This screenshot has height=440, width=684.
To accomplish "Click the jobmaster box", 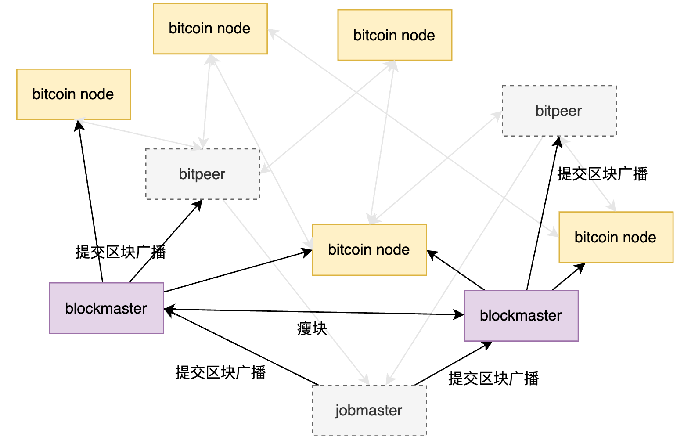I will pyautogui.click(x=369, y=410).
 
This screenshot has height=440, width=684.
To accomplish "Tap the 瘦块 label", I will pyautogui.click(x=312, y=328).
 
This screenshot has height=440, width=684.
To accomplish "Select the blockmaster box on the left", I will pyautogui.click(x=106, y=308).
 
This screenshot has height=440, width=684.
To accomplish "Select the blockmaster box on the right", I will pyautogui.click(x=521, y=315).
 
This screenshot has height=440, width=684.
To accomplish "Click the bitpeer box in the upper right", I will pyautogui.click(x=559, y=111).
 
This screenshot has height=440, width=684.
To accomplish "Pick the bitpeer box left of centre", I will pyautogui.click(x=202, y=174).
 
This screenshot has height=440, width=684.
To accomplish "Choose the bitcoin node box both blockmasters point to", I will pyautogui.click(x=369, y=250).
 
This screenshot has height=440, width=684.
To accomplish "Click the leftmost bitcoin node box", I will pyautogui.click(x=73, y=94).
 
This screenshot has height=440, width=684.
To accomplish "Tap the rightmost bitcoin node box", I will pyautogui.click(x=616, y=237).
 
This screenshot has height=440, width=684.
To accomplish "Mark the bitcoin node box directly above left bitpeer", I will pyautogui.click(x=210, y=29).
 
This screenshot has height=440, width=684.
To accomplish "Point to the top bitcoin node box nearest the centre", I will pyautogui.click(x=394, y=35).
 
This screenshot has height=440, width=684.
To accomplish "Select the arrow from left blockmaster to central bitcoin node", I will pyautogui.click(x=237, y=271).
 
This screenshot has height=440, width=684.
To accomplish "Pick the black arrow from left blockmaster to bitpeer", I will pyautogui.click(x=166, y=241).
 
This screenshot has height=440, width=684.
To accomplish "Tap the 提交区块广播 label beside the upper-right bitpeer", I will pyautogui.click(x=602, y=174).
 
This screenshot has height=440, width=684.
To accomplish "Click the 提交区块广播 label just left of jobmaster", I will pyautogui.click(x=220, y=372).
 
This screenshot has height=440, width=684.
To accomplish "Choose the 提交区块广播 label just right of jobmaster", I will pyautogui.click(x=493, y=378).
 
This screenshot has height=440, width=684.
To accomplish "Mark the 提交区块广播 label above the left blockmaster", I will pyautogui.click(x=120, y=252).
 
